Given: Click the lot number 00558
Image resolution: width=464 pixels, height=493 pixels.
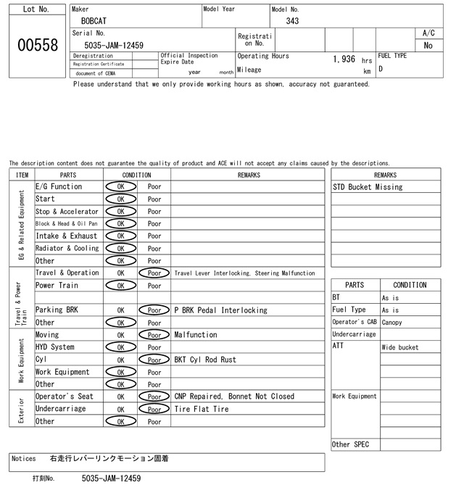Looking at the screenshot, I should tap(36, 45).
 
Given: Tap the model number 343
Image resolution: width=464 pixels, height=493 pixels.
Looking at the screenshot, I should tap(292, 21).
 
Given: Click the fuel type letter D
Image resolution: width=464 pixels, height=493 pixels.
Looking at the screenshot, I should tap(381, 69).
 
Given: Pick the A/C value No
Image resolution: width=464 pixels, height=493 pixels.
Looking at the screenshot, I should tap(428, 46).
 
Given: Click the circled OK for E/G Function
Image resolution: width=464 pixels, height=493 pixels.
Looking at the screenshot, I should tap(120, 186).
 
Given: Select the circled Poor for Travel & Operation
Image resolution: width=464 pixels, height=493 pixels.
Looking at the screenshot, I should tap(154, 273).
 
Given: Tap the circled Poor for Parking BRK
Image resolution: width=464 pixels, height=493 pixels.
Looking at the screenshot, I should tap(154, 310).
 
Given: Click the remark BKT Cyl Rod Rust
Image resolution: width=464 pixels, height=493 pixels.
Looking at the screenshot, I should tap(205, 360).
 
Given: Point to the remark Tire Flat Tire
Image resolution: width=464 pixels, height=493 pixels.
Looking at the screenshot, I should tap(202, 409).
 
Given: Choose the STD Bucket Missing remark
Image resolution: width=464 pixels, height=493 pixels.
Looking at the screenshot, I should tap(368, 187).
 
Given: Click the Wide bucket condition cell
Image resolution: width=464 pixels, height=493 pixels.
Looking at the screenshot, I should tap(400, 347).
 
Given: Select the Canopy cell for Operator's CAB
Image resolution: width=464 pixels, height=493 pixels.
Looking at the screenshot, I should tap(394, 323).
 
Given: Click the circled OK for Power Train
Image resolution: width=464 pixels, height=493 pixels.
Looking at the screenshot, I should tap(120, 286).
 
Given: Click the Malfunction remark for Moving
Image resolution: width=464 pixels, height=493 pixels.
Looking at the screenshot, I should tap(196, 335).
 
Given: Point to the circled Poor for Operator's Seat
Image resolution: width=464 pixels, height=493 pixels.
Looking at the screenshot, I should tap(154, 397).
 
